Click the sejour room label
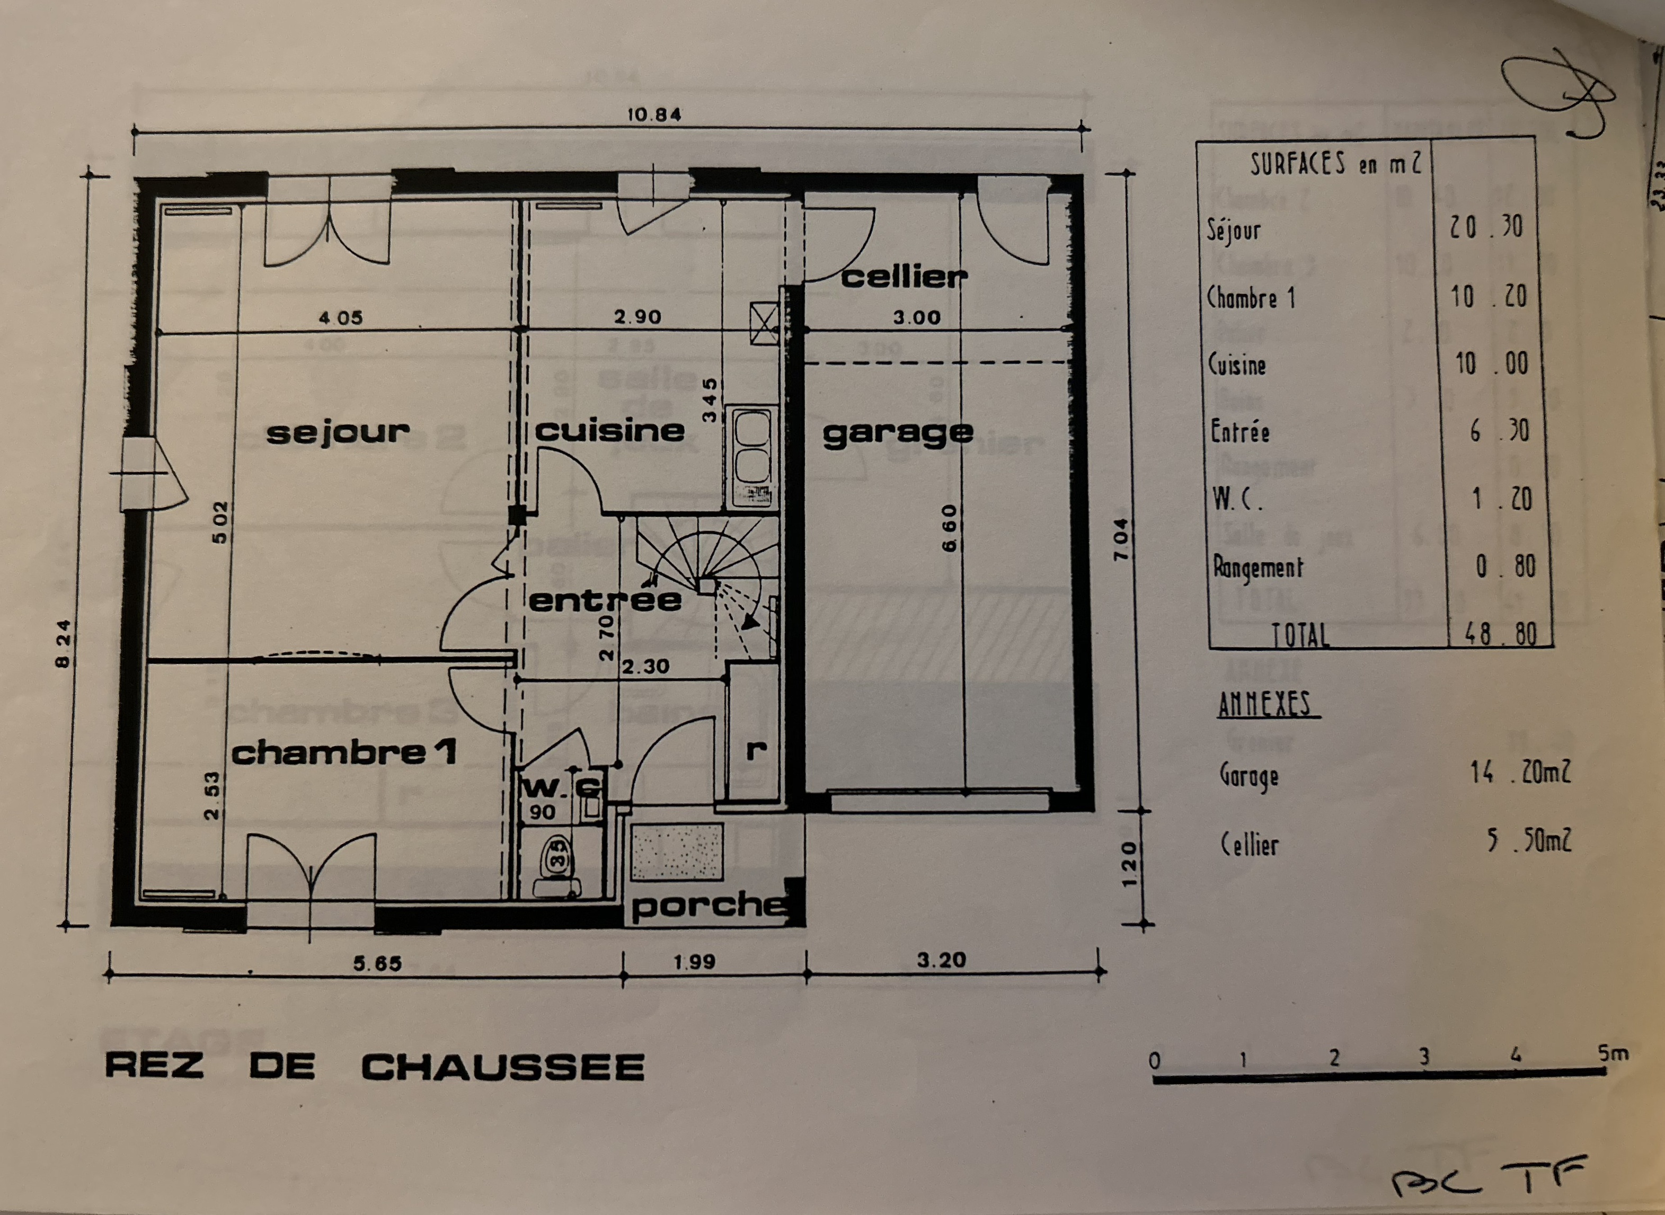pyautogui.click(x=338, y=432)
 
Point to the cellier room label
pyautogui.click(x=904, y=277)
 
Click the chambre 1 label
pyautogui.click(x=343, y=752)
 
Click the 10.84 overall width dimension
pyautogui.click(x=654, y=115)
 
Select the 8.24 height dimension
pyautogui.click(x=64, y=644)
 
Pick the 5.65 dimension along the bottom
pyautogui.click(x=377, y=963)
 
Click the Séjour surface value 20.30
pyautogui.click(x=1485, y=227)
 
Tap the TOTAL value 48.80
pyautogui.click(x=1500, y=634)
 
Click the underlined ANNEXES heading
pyautogui.click(x=1264, y=705)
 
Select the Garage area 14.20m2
pyautogui.click(x=1519, y=772)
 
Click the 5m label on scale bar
pyautogui.click(x=1613, y=1053)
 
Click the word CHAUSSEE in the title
pyautogui.click(x=503, y=1067)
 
